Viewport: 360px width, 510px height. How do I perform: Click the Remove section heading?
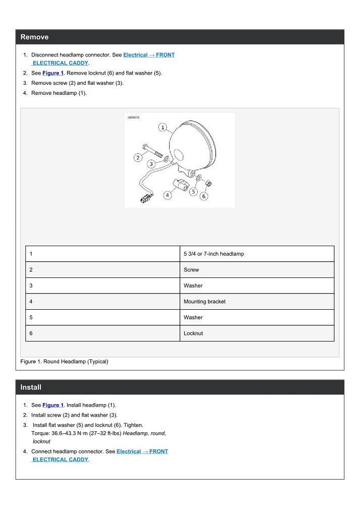[x=35, y=37]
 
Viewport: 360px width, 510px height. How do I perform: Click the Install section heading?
[x=31, y=387]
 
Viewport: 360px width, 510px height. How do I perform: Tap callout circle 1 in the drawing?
[x=163, y=128]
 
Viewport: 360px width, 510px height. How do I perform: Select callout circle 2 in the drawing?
[x=138, y=157]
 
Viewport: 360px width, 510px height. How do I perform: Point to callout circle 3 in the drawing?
[x=151, y=164]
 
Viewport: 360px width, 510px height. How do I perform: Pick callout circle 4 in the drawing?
[x=167, y=194]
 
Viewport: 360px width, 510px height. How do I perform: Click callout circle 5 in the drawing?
[x=193, y=191]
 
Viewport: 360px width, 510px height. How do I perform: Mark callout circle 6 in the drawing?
[x=204, y=196]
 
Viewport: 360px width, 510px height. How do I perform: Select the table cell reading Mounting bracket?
[x=205, y=302]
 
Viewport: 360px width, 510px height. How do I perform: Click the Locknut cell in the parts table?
[x=194, y=333]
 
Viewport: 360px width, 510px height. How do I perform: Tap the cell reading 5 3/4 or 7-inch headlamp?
[x=214, y=254]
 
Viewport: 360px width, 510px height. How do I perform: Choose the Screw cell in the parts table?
[x=192, y=270]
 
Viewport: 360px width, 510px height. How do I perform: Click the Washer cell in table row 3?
[x=194, y=286]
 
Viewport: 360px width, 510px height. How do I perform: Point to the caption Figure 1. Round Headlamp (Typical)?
[x=65, y=361]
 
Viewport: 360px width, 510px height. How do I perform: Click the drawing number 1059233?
[x=133, y=117]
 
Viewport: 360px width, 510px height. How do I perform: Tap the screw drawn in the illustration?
[x=152, y=150]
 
